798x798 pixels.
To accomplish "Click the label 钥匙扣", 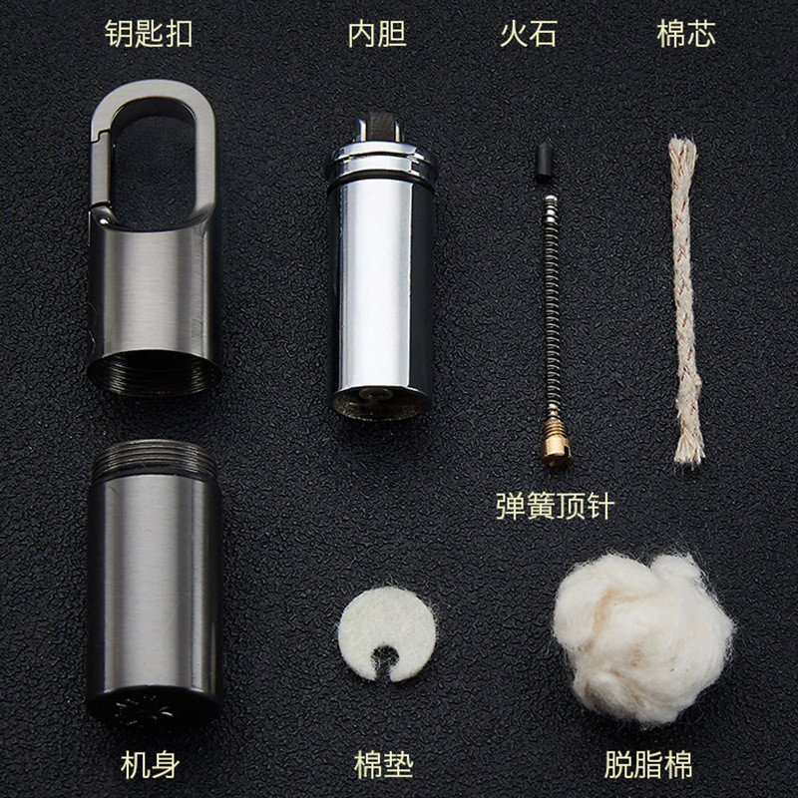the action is [149, 34].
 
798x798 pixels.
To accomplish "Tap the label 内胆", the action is [377, 34].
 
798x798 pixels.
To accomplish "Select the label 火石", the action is [529, 34].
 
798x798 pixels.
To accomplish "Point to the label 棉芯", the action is [686, 34].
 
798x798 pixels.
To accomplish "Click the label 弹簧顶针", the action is [556, 506].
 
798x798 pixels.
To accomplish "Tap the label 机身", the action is [151, 765].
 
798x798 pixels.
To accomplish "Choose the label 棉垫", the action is [383, 765].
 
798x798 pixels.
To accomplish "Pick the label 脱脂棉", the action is [647, 765].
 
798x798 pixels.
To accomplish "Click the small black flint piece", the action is [545, 162].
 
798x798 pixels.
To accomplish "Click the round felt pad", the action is [387, 619].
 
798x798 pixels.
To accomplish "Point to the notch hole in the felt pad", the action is [384, 660].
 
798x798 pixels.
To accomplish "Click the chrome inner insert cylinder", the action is [381, 285].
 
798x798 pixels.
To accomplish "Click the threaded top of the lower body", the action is [155, 460].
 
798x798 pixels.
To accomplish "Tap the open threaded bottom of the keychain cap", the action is [154, 374].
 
